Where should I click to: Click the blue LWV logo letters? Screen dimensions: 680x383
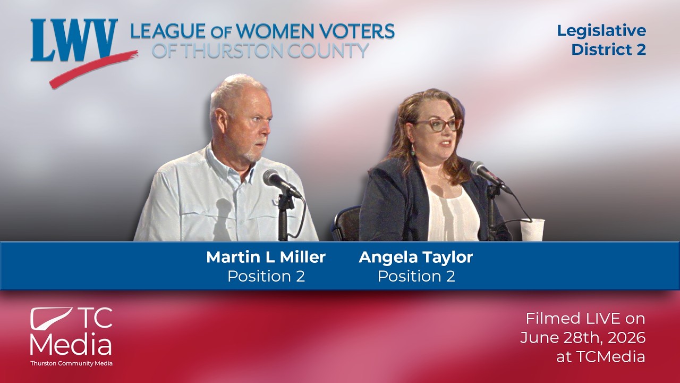click(x=74, y=40)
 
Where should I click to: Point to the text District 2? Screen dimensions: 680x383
click(x=608, y=49)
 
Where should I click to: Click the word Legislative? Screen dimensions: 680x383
click(x=601, y=31)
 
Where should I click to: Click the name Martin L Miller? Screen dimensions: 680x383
click(x=266, y=257)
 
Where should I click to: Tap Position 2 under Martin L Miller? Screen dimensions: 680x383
click(x=266, y=276)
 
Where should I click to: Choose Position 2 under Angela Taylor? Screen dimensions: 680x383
click(x=416, y=276)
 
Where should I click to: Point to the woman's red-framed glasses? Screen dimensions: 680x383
click(x=438, y=125)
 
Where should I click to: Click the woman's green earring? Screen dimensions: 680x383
click(x=413, y=150)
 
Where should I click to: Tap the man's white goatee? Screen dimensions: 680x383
click(x=252, y=156)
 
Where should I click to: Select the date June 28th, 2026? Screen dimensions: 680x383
click(x=583, y=338)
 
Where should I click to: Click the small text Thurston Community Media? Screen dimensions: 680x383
click(x=71, y=363)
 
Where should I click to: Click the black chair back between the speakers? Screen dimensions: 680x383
click(x=346, y=223)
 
